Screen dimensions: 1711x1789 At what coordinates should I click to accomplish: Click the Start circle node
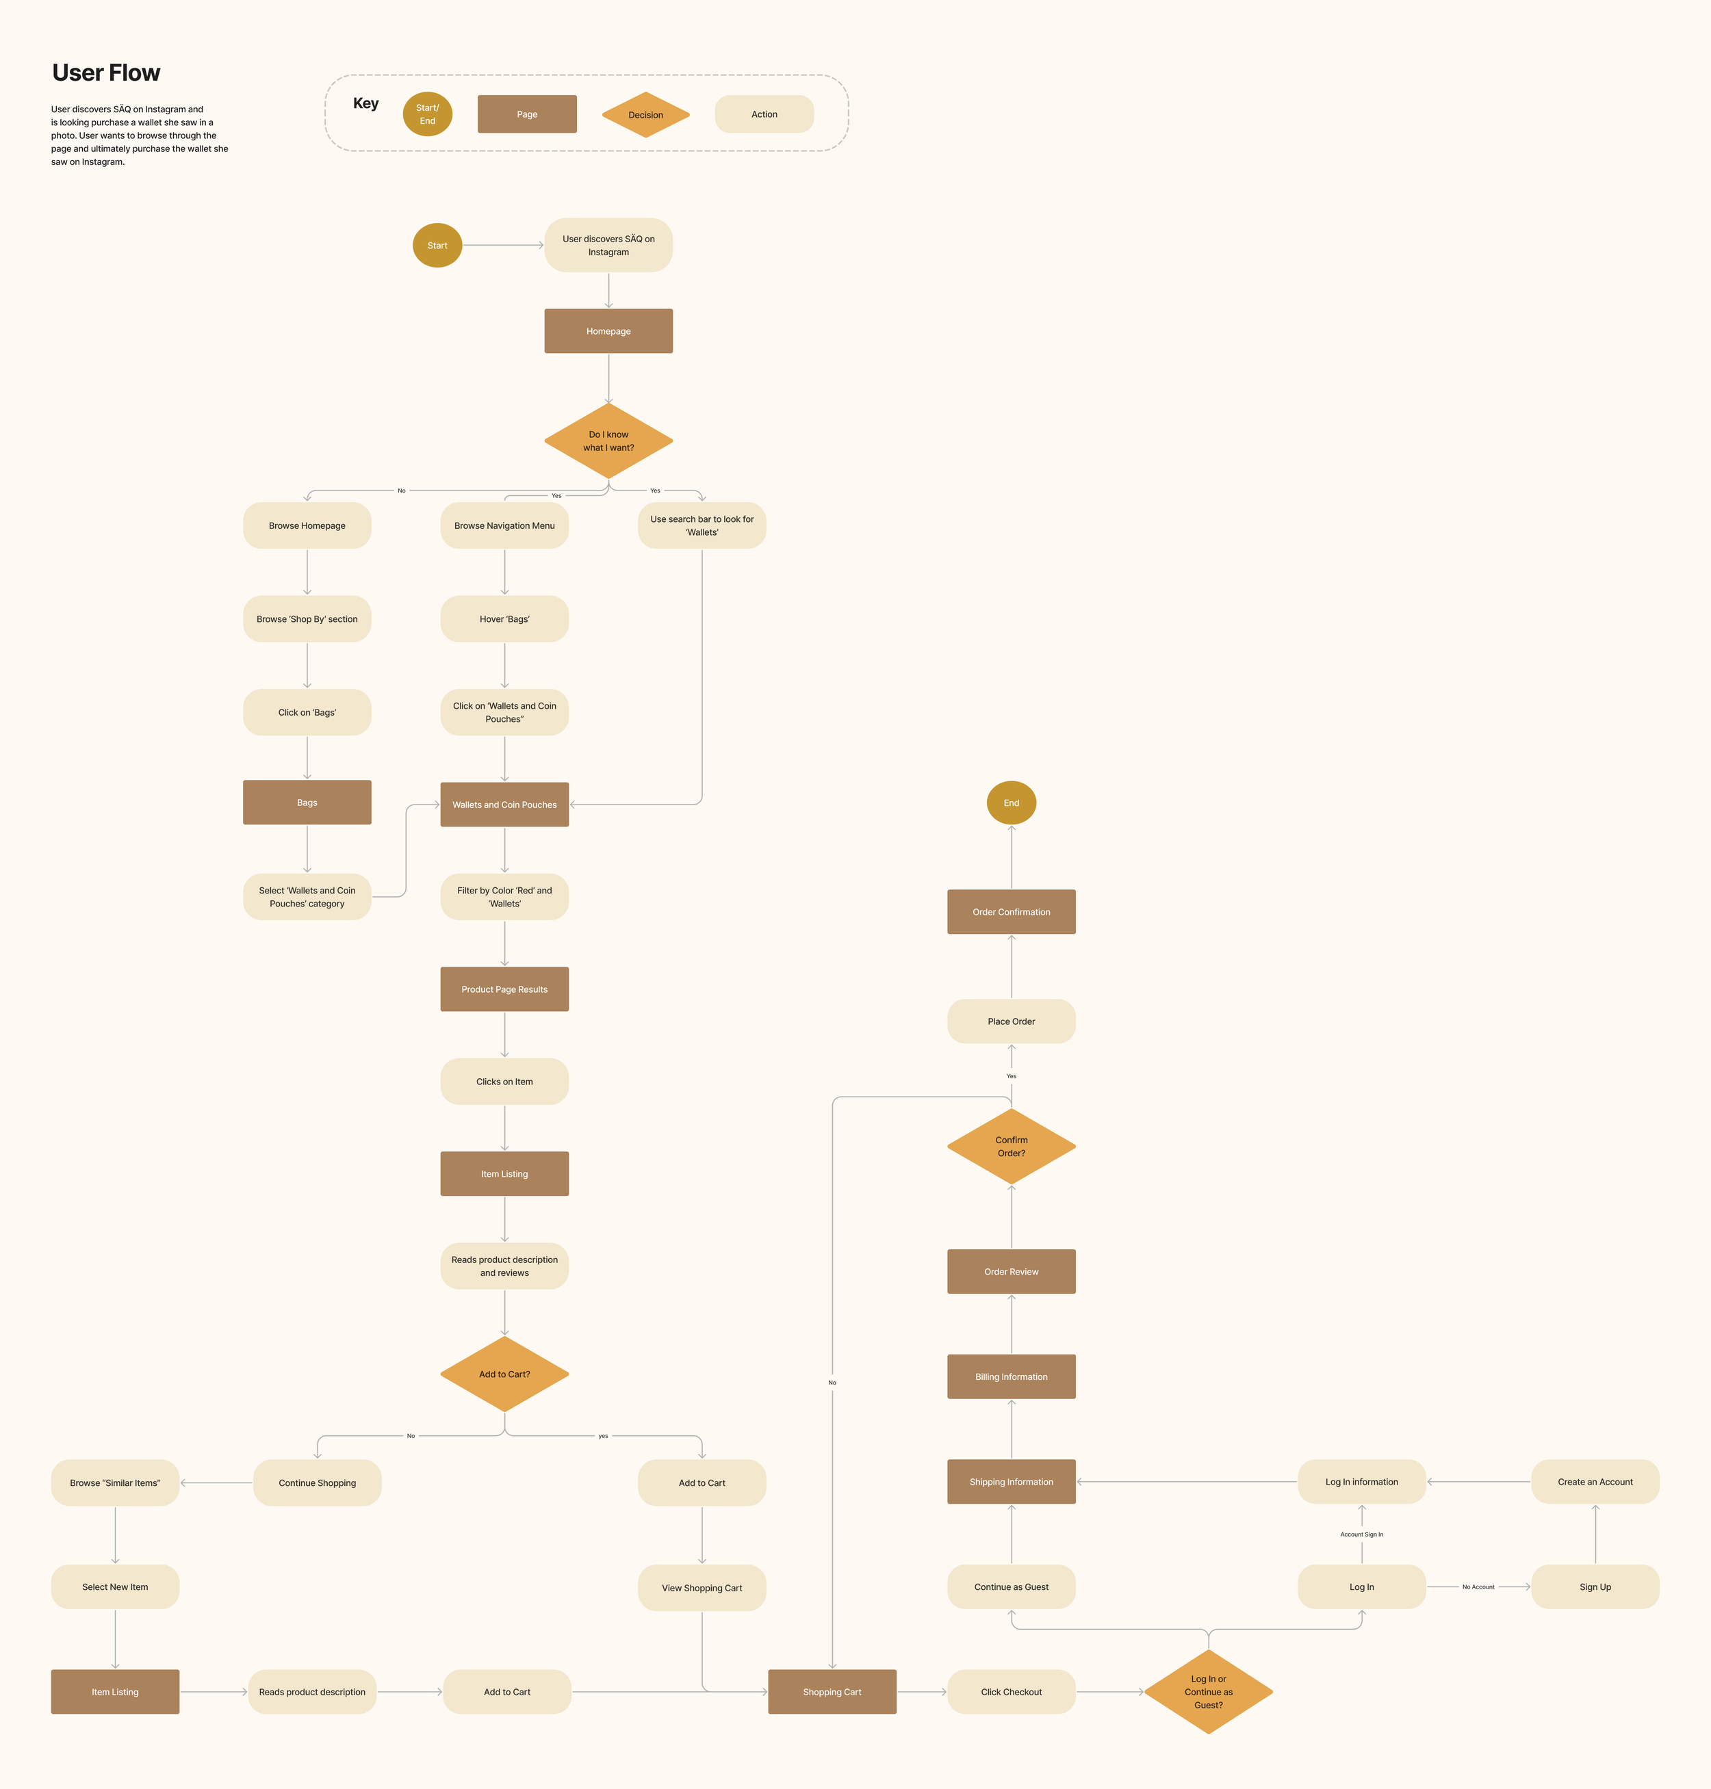pyautogui.click(x=437, y=246)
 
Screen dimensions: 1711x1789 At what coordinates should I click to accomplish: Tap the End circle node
pyautogui.click(x=1011, y=802)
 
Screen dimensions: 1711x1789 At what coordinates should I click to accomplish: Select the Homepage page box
pyautogui.click(x=608, y=331)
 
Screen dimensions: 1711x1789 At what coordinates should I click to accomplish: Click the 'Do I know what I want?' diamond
pyautogui.click(x=608, y=441)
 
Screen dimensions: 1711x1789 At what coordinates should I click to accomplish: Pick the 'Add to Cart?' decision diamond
pyautogui.click(x=504, y=1374)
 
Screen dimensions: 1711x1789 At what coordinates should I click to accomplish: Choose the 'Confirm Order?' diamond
pyautogui.click(x=1011, y=1146)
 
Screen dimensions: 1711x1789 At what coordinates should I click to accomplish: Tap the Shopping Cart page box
pyautogui.click(x=832, y=1691)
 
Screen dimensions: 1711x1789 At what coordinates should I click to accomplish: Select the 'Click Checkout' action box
pyautogui.click(x=1011, y=1691)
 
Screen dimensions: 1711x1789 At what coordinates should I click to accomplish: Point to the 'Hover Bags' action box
pyautogui.click(x=504, y=619)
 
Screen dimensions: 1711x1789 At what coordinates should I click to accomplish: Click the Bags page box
pyautogui.click(x=307, y=802)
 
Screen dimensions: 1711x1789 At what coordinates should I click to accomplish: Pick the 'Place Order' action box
pyautogui.click(x=1011, y=1021)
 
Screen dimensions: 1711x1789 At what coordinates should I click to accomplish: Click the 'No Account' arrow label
pyautogui.click(x=1478, y=1586)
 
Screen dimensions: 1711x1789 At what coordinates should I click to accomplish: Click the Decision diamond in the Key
pyautogui.click(x=645, y=115)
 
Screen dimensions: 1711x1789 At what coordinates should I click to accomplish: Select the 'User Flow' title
pyautogui.click(x=106, y=73)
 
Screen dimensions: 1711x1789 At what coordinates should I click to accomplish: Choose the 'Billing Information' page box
pyautogui.click(x=1011, y=1377)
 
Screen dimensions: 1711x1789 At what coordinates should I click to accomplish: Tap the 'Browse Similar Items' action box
pyautogui.click(x=115, y=1483)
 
